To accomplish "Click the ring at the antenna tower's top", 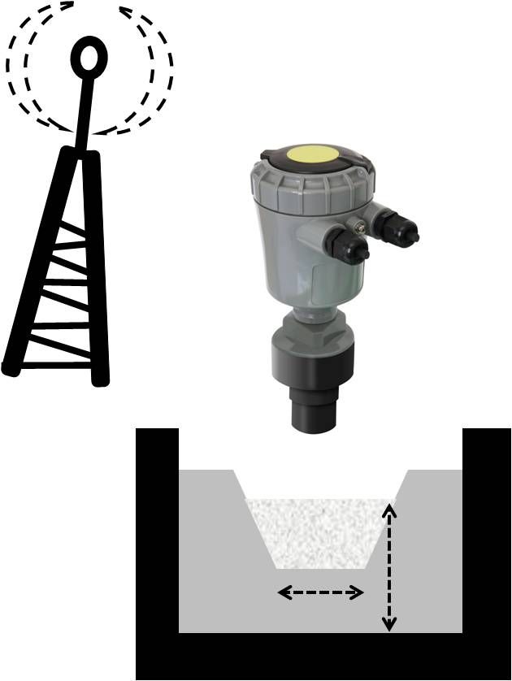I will click(89, 57).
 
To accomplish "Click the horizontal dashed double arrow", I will click(320, 593).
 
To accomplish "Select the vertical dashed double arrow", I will click(390, 566).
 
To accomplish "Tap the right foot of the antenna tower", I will click(100, 377).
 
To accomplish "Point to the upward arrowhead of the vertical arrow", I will click(390, 510).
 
